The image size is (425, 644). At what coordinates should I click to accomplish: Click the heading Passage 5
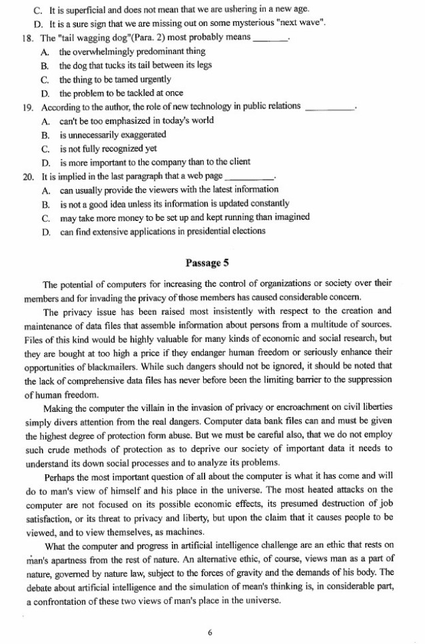pos(212,263)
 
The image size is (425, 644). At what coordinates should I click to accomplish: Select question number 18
pos(27,37)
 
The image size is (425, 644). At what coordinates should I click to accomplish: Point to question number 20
pos(27,177)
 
